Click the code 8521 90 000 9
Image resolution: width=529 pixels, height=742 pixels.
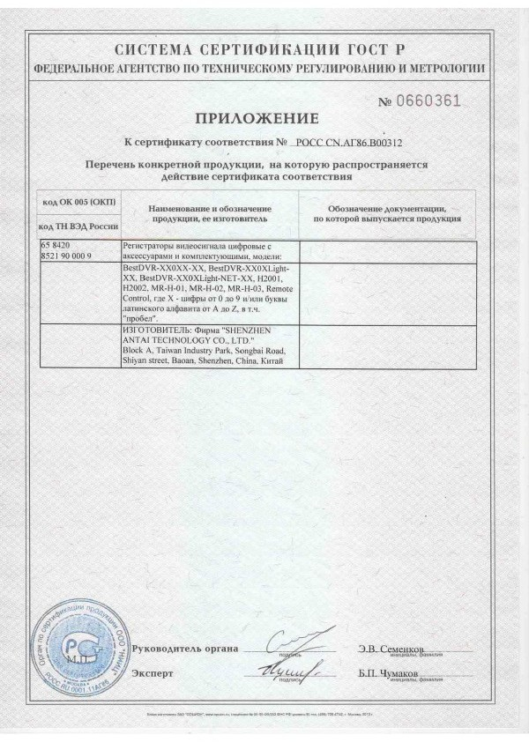72,253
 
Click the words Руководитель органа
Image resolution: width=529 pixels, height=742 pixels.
184,649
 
